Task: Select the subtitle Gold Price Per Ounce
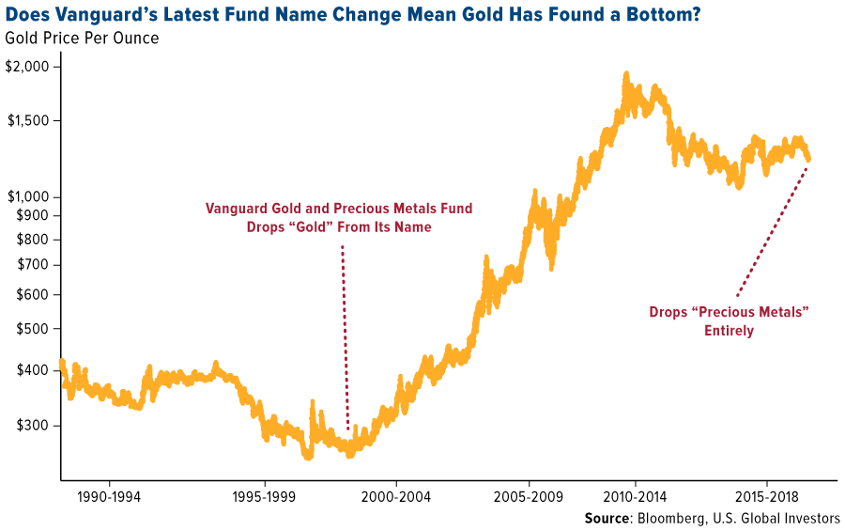(82, 38)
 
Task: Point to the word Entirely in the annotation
(729, 331)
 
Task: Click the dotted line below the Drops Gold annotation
(345, 338)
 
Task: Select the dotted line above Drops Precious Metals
(772, 230)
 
